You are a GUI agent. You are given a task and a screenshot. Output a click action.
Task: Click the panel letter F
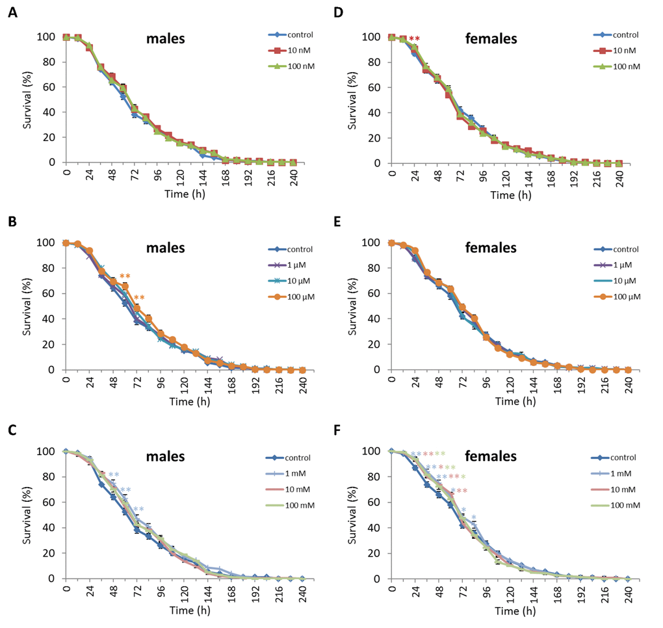tap(337, 430)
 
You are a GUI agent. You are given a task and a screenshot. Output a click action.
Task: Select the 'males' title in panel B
tap(165, 248)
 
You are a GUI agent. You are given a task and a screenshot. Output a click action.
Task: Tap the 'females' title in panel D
tap(491, 39)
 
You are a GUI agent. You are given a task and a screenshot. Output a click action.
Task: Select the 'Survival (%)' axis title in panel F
tap(354, 514)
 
